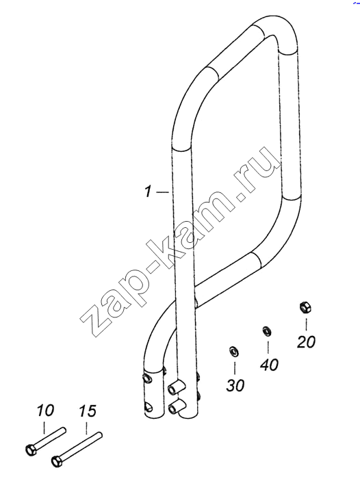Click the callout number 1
coord(148,192)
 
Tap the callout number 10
coord(45,411)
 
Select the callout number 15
coord(88,411)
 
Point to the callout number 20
coord(306,341)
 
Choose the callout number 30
coord(235,385)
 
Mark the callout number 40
coord(269,365)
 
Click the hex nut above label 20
coord(305,307)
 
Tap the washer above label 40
coord(268,331)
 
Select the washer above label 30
coord(234,352)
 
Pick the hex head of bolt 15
coord(56,459)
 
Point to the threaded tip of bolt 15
coord(100,435)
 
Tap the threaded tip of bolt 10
coord(63,430)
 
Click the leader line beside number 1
coord(162,192)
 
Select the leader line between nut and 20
coord(306,324)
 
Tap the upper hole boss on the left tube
coord(147,379)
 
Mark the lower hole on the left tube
coord(149,406)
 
